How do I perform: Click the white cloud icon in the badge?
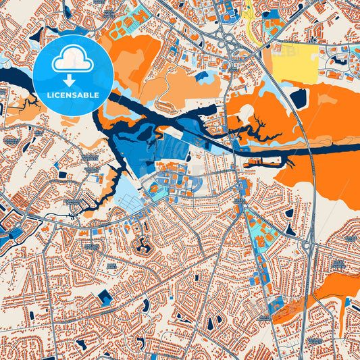coord(73,59)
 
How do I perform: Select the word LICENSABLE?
coord(74,95)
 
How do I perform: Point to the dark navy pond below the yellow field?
coord(299,99)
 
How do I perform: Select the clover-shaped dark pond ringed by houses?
coord(142,245)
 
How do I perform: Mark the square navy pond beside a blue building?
coord(105,297)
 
